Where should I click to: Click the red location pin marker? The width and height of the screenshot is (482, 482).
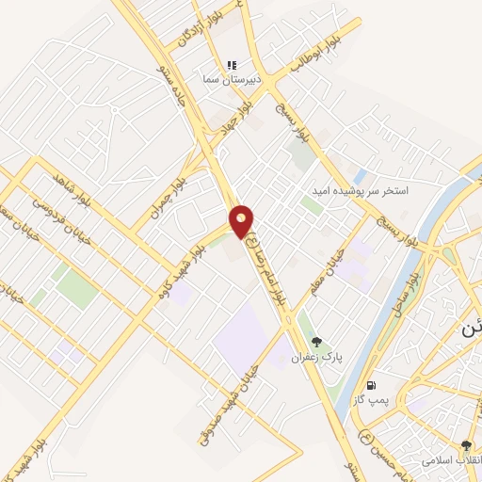click(242, 220)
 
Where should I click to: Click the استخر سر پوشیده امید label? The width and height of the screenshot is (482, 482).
click(361, 190)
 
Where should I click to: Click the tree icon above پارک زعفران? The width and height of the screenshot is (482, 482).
click(315, 342)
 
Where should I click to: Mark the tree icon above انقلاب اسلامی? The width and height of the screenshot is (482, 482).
click(466, 444)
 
